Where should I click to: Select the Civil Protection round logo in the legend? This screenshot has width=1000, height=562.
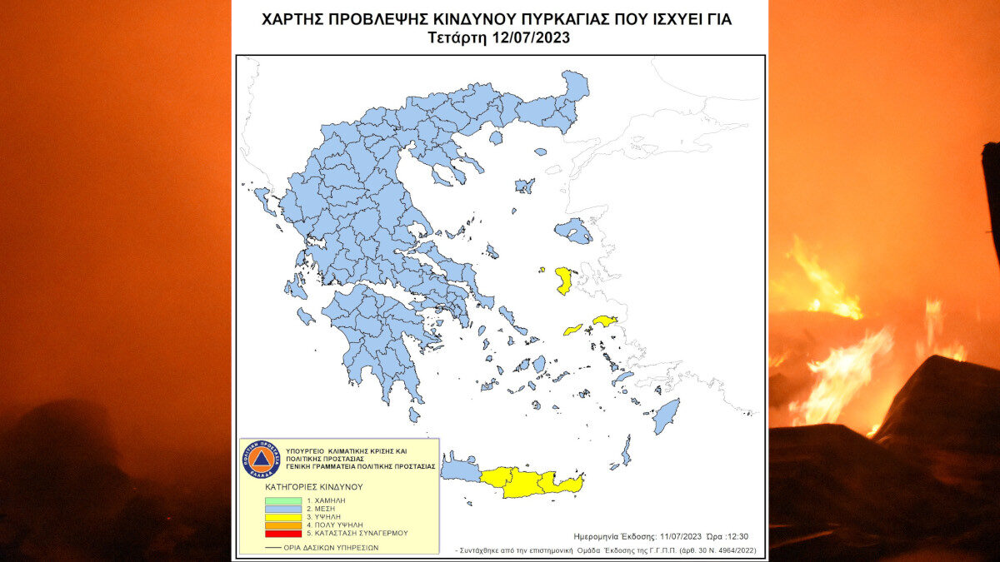point(259,459)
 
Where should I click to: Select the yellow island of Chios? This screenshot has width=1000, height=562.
point(564,280)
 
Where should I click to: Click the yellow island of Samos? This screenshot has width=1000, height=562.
point(604,321)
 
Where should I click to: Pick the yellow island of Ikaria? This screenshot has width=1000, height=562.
point(572,330)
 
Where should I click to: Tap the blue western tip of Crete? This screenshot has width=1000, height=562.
point(460,472)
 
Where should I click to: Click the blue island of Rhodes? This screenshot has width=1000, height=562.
point(666,415)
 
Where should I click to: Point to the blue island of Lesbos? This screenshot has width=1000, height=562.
point(572,230)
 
